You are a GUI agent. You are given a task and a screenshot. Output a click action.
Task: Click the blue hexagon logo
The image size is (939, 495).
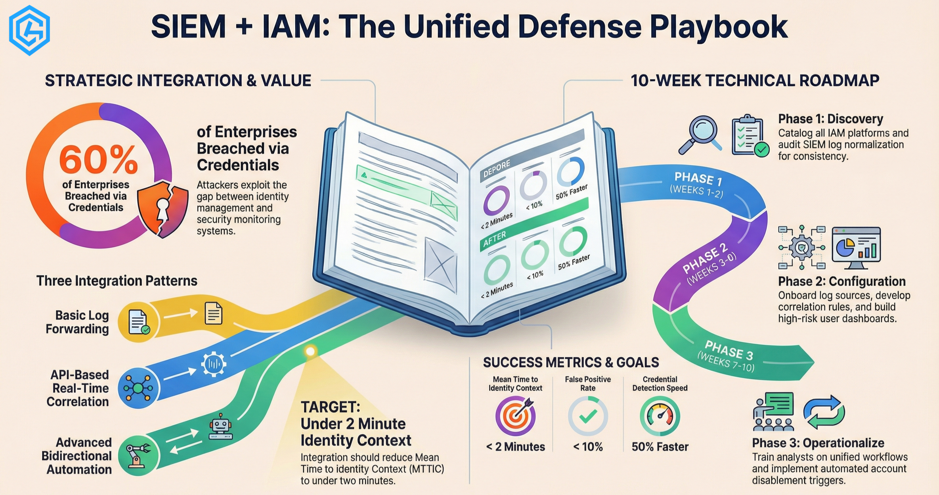click(29, 30)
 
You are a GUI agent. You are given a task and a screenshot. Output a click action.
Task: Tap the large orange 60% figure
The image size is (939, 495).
click(98, 160)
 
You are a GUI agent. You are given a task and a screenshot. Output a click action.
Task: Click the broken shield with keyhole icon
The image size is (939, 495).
click(162, 208)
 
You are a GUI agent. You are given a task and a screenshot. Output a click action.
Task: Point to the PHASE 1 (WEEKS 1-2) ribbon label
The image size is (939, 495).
click(697, 185)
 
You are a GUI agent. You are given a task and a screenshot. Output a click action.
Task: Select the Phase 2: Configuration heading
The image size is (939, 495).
click(842, 281)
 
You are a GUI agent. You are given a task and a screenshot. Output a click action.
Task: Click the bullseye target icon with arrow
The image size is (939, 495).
click(516, 415)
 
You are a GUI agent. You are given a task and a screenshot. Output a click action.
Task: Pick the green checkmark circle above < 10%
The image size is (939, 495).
click(588, 416)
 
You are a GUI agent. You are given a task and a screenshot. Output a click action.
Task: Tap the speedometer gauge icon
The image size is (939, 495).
click(660, 416)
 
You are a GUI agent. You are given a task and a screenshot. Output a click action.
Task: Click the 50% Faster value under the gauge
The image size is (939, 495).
click(660, 447)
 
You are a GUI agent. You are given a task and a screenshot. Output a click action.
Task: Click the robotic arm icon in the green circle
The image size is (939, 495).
click(138, 455)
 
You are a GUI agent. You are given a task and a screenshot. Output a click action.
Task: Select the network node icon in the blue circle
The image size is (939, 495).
click(138, 388)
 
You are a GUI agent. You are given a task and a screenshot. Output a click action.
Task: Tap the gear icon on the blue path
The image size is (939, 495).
click(214, 363)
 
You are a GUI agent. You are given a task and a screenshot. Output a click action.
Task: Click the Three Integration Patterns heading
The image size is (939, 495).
click(117, 281)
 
